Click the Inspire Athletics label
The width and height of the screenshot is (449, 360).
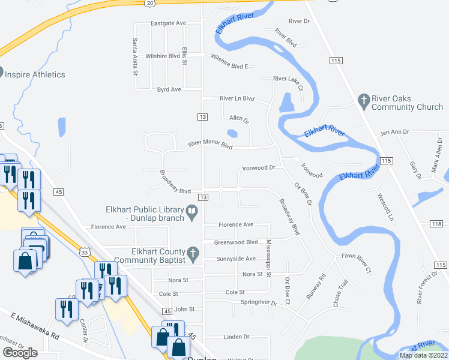pyautogui.click(x=34, y=74)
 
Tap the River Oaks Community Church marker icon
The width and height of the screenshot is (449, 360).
pyautogui.click(x=363, y=101)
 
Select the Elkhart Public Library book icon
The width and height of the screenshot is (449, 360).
pyautogui.click(x=192, y=211)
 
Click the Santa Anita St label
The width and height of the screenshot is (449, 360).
pyautogui.click(x=135, y=57)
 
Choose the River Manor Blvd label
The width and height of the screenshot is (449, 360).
pyautogui.click(x=210, y=144)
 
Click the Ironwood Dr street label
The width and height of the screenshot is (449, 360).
pyautogui.click(x=258, y=168)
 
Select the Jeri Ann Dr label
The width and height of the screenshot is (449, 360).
pyautogui.click(x=394, y=132)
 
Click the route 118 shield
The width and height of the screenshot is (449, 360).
pyautogui.click(x=436, y=224)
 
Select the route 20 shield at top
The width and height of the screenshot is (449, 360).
pyautogui.click(x=149, y=3)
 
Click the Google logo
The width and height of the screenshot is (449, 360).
pyautogui.click(x=20, y=353)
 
